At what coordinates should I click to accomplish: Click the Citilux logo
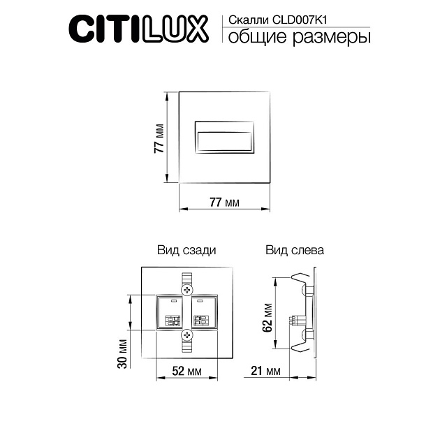[x=138, y=29]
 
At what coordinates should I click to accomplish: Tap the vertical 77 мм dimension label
[x=159, y=137]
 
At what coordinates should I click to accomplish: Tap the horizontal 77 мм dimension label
[x=225, y=203]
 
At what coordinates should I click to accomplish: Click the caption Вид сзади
[x=186, y=249]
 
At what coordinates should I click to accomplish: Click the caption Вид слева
[x=294, y=249]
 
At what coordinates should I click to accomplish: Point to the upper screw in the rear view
[x=187, y=289]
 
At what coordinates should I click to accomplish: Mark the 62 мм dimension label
[x=268, y=318]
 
